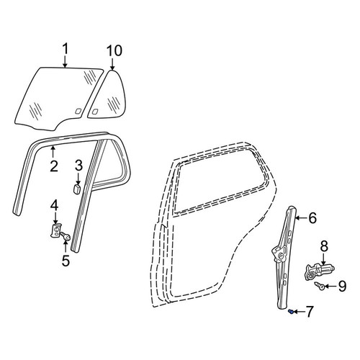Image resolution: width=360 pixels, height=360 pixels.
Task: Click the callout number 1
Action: click(66, 49)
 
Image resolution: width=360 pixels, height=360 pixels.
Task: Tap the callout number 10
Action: click(114, 50)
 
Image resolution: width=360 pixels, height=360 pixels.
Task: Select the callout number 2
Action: click(54, 166)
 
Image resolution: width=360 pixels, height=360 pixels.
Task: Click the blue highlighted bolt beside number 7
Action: click(290, 312)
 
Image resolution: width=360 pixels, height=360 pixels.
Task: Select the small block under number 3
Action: click(77, 189)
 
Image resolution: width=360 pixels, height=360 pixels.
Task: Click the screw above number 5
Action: click(65, 235)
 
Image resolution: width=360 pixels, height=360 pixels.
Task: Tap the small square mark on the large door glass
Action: click(78, 111)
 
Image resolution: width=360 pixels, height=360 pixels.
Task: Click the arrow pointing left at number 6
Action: click(300, 217)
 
